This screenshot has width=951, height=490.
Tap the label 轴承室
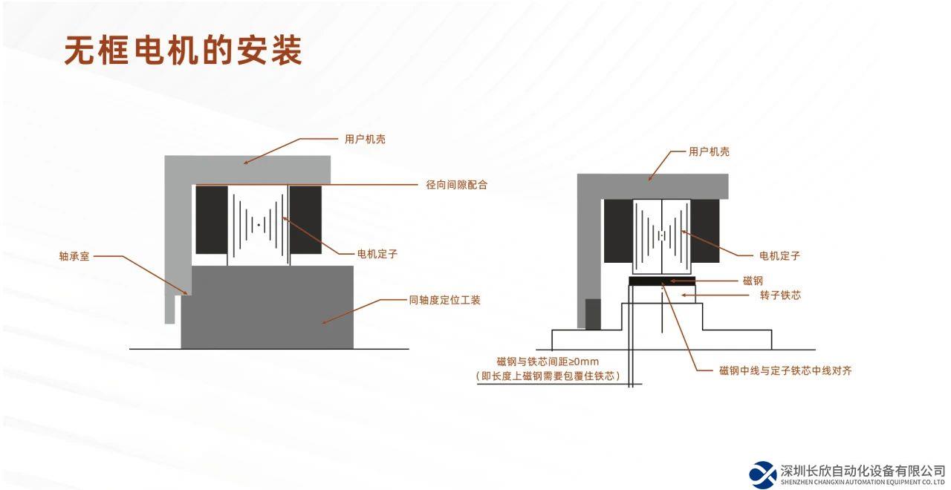[75, 257]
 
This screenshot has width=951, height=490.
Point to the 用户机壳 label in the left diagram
[365, 139]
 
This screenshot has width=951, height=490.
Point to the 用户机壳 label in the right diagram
[709, 151]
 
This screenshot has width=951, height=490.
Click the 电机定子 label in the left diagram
[377, 254]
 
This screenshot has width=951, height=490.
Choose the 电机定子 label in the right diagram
[779, 255]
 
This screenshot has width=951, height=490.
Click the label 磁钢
[753, 281]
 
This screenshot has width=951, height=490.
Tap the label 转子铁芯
[780, 295]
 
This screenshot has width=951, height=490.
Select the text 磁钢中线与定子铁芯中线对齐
[785, 370]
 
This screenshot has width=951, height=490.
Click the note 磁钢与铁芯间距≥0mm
[548, 362]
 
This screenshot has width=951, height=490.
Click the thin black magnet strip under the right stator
[662, 281]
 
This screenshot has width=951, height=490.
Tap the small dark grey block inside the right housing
[593, 313]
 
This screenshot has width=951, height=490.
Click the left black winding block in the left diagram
[211, 220]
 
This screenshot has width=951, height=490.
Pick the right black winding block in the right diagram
[705, 231]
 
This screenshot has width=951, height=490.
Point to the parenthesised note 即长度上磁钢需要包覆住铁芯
[548, 376]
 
